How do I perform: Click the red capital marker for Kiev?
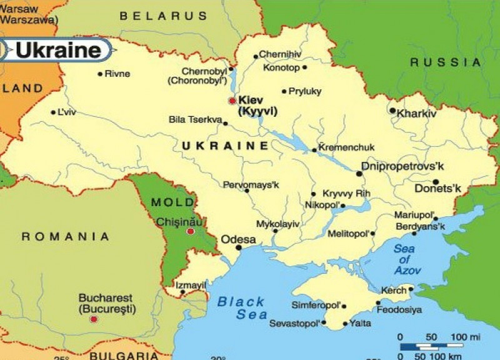tap(232, 100)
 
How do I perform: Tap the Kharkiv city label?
tap(416, 114)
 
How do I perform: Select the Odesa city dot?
tap(238, 247)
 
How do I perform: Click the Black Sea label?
tap(241, 308)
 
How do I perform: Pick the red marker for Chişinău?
tap(191, 231)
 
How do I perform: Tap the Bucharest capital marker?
tap(94, 319)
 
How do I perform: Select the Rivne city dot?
tap(100, 74)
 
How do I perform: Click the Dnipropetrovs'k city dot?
tap(359, 173)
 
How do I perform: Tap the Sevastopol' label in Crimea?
tap(294, 324)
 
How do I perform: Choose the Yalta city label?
tap(361, 323)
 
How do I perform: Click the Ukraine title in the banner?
tap(58, 50)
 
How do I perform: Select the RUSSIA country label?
tap(446, 62)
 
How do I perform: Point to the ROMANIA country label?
tap(65, 236)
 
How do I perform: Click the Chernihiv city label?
tap(280, 54)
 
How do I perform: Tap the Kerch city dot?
tap(411, 289)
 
